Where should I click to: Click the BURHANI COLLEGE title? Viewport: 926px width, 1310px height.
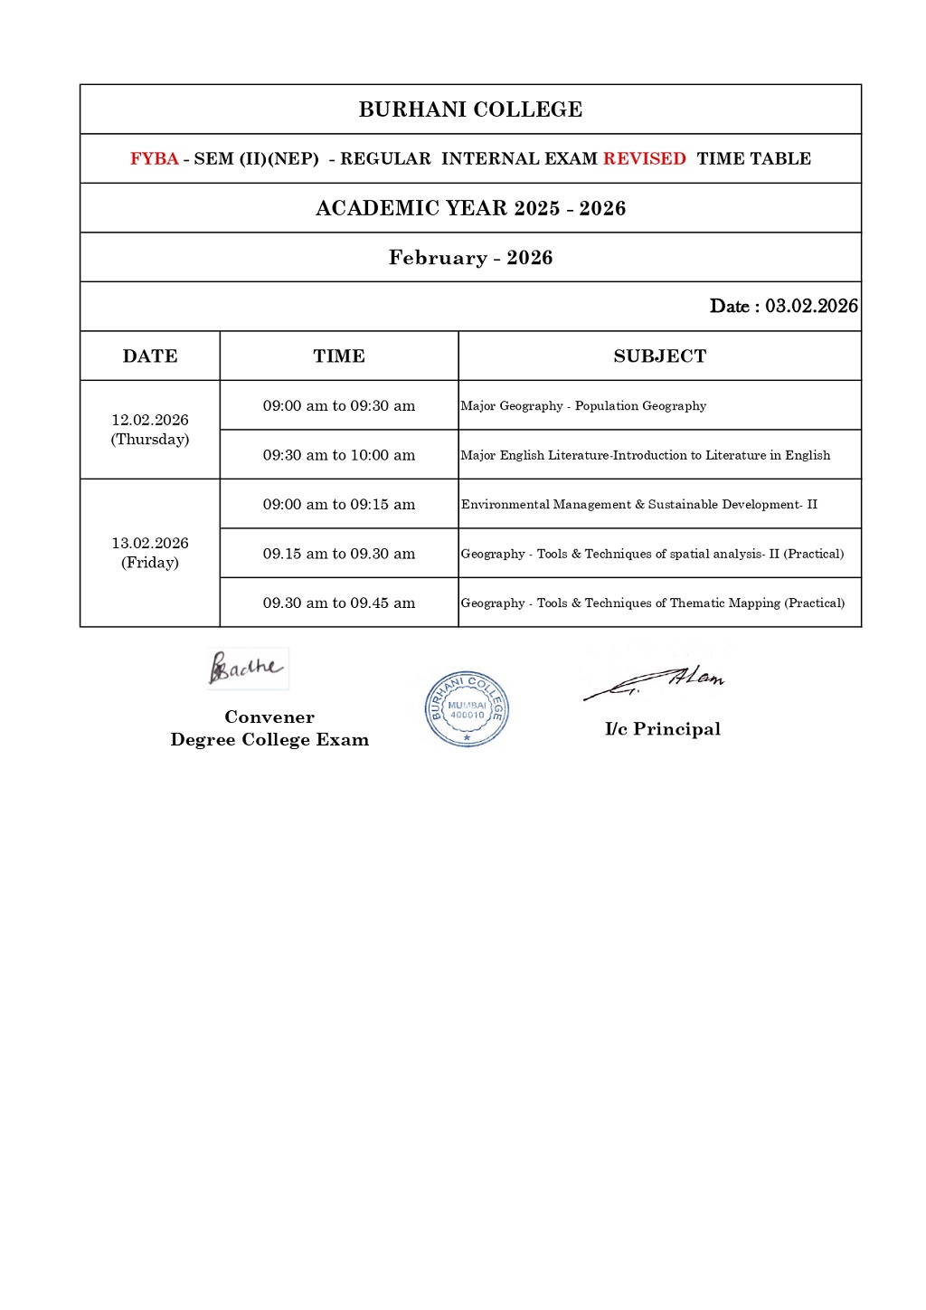470,109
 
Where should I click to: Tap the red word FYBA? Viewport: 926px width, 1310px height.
155,158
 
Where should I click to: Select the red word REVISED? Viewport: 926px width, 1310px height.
644,158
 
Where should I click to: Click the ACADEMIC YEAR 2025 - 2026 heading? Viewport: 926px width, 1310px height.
470,208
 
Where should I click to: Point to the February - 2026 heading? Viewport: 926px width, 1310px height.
470,258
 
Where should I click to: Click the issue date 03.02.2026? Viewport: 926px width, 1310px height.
811,306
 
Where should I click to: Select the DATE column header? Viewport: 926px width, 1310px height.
150,356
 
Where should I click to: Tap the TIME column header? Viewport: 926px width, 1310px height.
339,356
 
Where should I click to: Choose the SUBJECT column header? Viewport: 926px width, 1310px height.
659,356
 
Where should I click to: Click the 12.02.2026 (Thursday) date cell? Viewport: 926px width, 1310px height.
150,430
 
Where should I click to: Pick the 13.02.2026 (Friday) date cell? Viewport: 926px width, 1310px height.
150,553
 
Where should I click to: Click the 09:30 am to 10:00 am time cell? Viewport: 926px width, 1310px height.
339,455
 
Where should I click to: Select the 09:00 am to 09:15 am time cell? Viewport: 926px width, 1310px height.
339,504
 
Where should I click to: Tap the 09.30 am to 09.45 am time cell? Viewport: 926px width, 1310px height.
339,603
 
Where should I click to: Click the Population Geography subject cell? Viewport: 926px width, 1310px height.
583,405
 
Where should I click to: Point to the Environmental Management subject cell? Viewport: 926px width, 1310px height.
638,504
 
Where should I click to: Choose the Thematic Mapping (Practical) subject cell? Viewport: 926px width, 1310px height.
652,603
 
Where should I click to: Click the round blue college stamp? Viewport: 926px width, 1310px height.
467,709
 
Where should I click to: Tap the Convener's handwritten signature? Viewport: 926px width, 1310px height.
246,669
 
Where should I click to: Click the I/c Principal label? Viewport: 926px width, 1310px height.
662,729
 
